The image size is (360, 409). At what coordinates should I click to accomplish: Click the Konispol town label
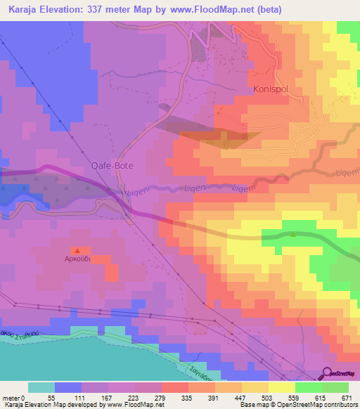click(x=272, y=91)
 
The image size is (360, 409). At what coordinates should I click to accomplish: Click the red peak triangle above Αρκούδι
click(x=77, y=249)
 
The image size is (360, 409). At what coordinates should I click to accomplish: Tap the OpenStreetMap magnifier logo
click(x=328, y=373)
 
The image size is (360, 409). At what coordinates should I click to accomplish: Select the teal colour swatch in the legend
click(x=41, y=387)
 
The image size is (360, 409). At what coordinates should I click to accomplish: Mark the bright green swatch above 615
click(x=308, y=387)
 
